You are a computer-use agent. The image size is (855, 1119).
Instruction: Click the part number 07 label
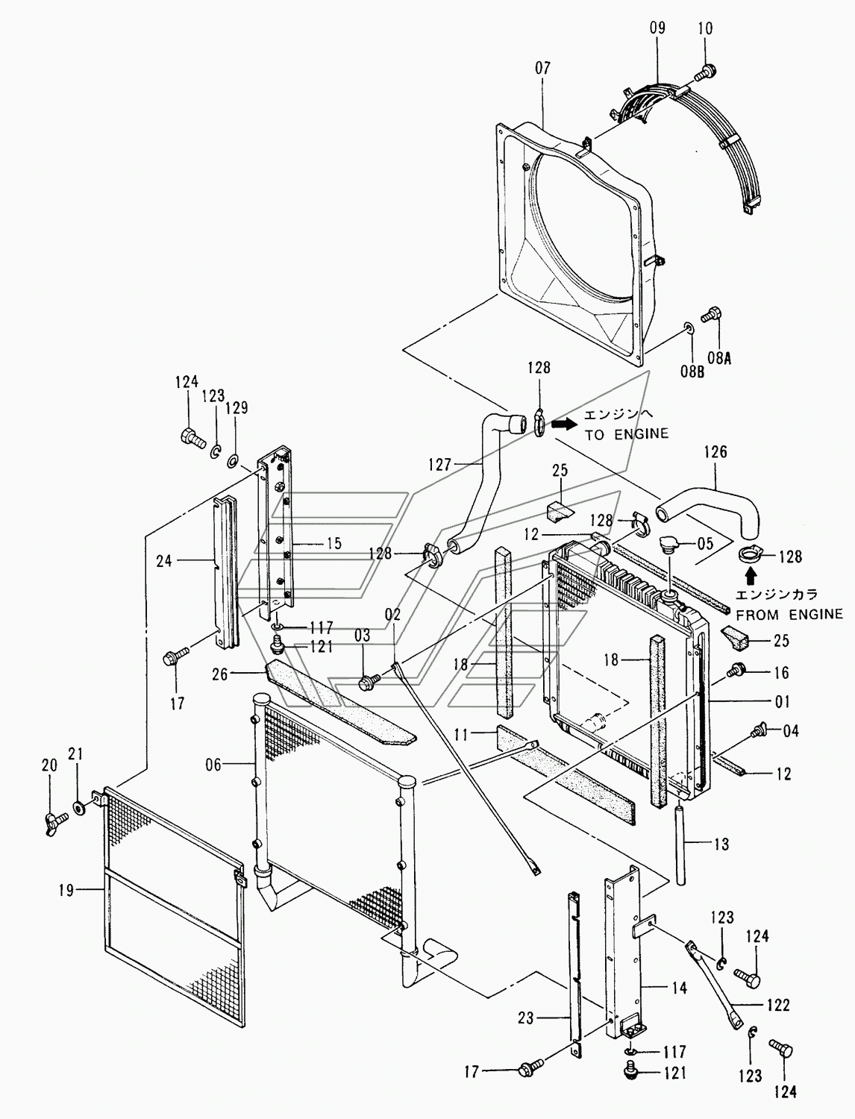click(x=543, y=68)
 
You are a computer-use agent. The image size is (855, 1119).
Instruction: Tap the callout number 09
click(x=658, y=28)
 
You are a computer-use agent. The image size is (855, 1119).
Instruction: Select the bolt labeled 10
click(x=705, y=72)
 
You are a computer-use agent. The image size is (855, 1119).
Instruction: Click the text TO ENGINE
click(x=626, y=434)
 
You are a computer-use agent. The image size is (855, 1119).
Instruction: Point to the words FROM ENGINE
click(x=789, y=614)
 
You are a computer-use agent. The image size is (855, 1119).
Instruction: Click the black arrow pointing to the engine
click(x=564, y=423)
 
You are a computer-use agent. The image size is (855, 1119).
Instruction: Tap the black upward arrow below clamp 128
click(x=750, y=576)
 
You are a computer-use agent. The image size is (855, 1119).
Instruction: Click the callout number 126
click(x=715, y=451)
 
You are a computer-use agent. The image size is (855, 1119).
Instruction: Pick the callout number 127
click(x=440, y=465)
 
